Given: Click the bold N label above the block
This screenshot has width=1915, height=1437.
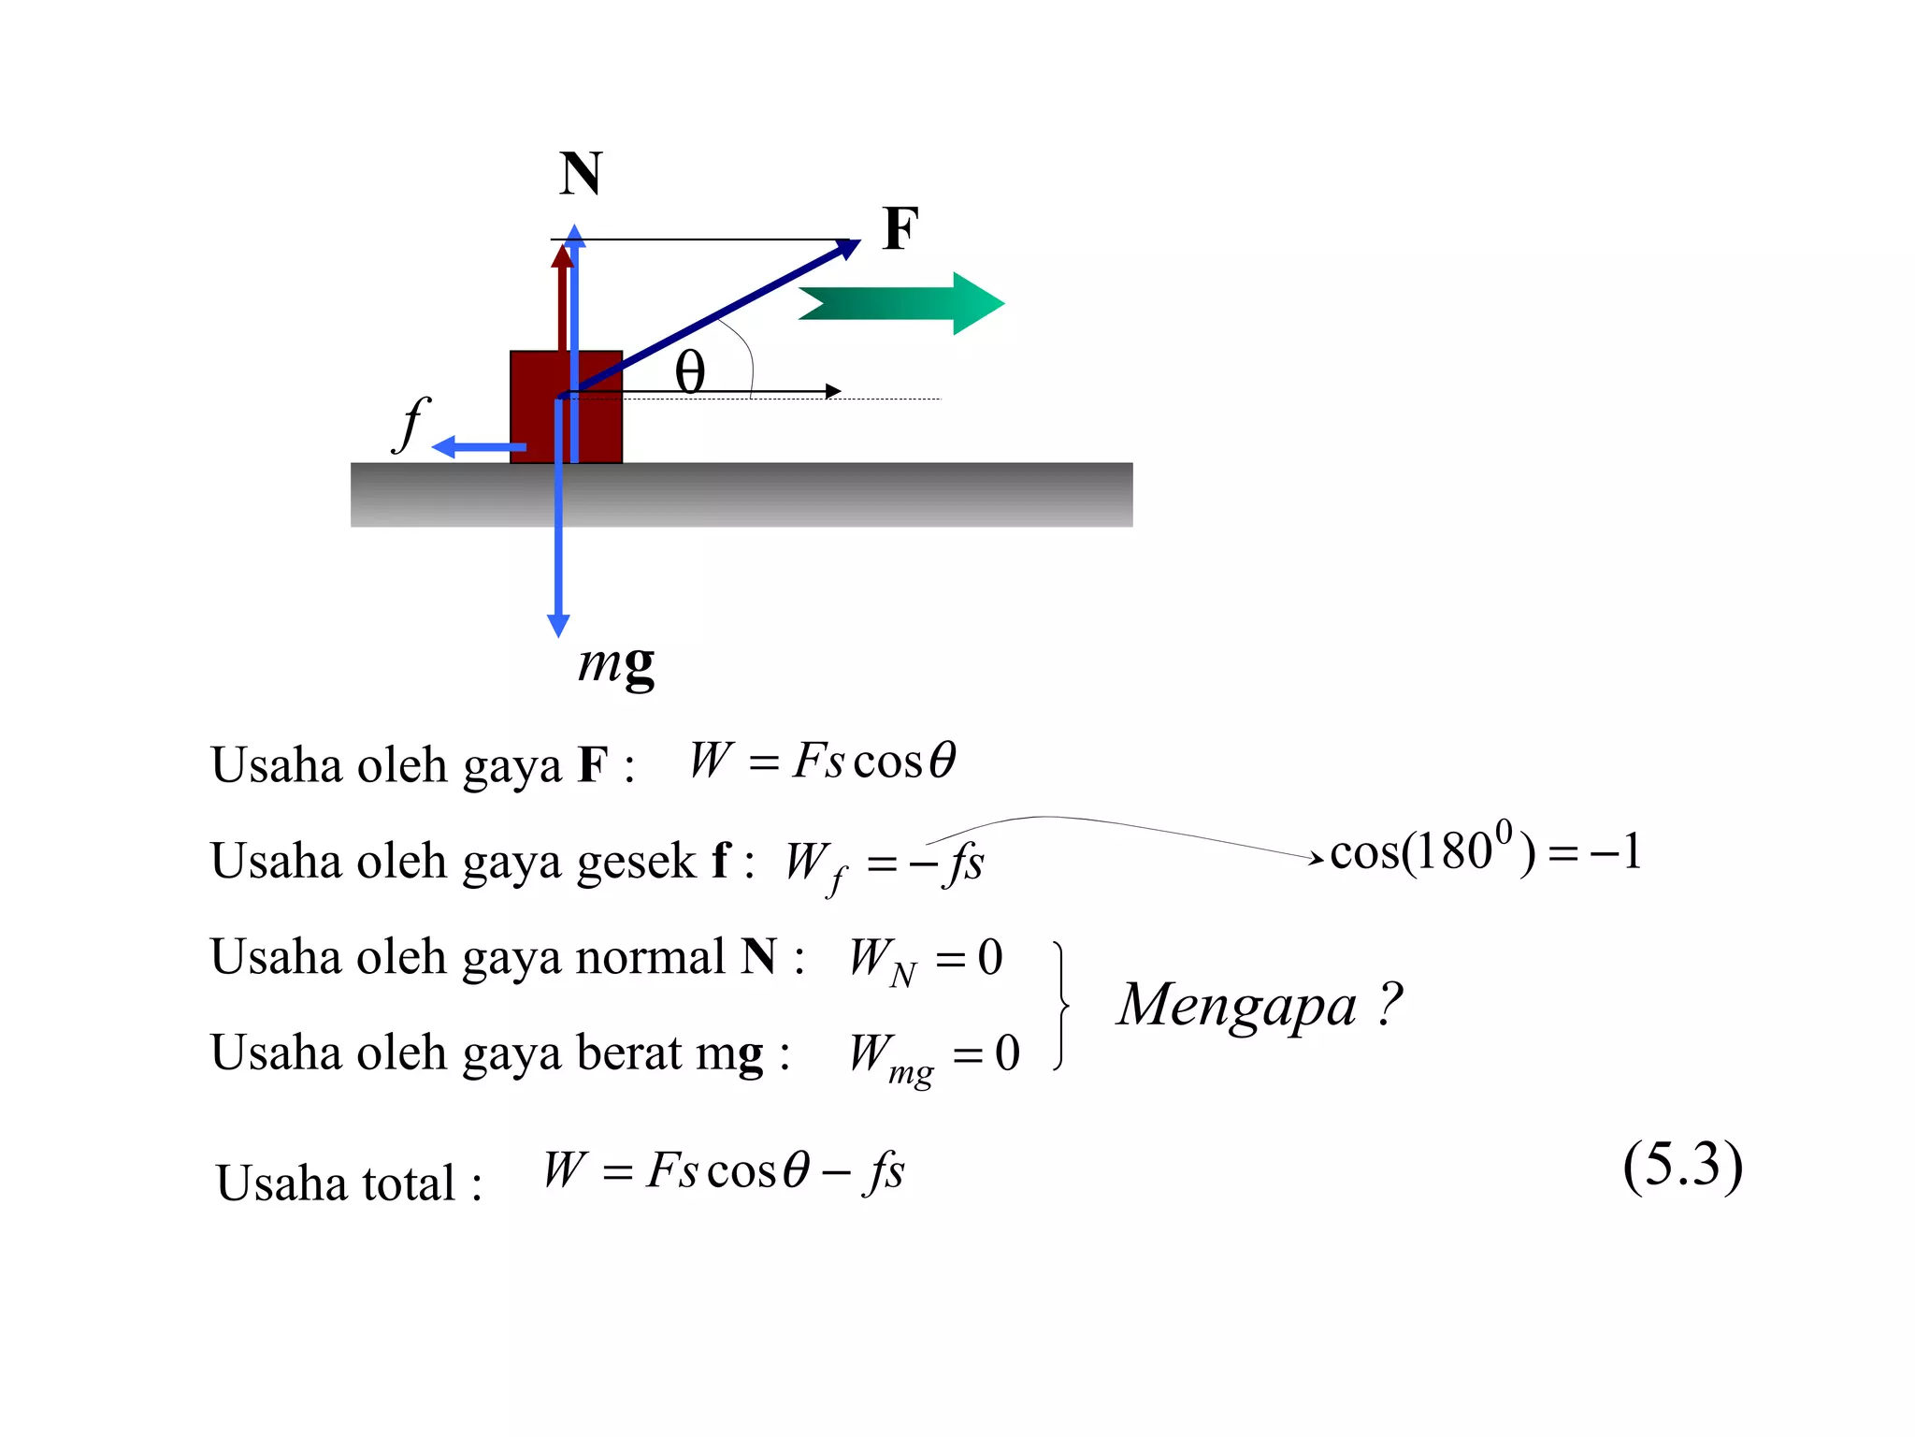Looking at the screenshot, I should pyautogui.click(x=581, y=174).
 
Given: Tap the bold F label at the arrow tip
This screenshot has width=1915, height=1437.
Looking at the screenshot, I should pyautogui.click(x=900, y=229).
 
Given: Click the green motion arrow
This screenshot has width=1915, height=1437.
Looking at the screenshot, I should pyautogui.click(x=901, y=303).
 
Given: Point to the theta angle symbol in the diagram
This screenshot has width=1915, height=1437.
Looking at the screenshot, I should pyautogui.click(x=690, y=372).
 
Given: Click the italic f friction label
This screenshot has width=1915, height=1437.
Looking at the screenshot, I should pyautogui.click(x=410, y=424).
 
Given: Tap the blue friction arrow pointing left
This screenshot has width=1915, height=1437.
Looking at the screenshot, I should pyautogui.click(x=477, y=447).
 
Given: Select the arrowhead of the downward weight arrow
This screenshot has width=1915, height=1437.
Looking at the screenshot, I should pyautogui.click(x=558, y=625).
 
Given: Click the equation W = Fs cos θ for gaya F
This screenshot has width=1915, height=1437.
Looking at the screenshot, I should pyautogui.click(x=822, y=760).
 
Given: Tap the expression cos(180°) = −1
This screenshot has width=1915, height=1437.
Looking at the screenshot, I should pyautogui.click(x=1485, y=851).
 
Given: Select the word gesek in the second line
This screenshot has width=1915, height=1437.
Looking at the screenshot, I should pyautogui.click(x=636, y=862).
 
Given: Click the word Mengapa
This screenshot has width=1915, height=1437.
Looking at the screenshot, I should pyautogui.click(x=1237, y=1007).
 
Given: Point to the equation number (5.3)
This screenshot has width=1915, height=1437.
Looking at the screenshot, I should pyautogui.click(x=1682, y=1166).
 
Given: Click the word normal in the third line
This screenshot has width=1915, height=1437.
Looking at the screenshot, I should pyautogui.click(x=650, y=957).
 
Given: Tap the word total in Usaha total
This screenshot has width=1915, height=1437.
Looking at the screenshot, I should pyautogui.click(x=408, y=1183).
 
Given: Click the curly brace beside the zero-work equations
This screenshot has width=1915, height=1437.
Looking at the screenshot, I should pyautogui.click(x=1060, y=1006).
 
